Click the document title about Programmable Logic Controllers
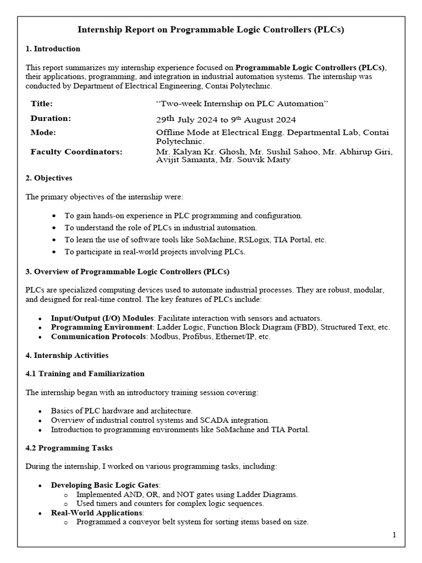pyautogui.click(x=210, y=30)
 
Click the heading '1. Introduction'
pyautogui.click(x=53, y=49)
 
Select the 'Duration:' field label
pyautogui.click(x=51, y=118)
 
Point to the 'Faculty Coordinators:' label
pyautogui.click(x=76, y=152)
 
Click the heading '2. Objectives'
pyautogui.click(x=49, y=178)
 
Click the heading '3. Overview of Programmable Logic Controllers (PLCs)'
pyautogui.click(x=127, y=272)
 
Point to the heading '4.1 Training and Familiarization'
pyautogui.click(x=85, y=373)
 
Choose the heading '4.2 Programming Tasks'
pyautogui.click(x=69, y=448)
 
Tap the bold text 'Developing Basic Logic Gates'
pyautogui.click(x=105, y=485)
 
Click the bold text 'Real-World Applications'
pyautogui.click(x=97, y=513)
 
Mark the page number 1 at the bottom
pyautogui.click(x=394, y=535)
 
